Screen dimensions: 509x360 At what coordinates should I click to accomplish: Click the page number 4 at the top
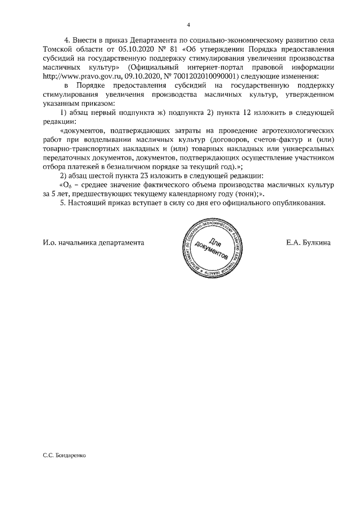(x=189, y=25)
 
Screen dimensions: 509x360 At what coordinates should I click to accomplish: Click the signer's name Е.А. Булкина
(x=308, y=242)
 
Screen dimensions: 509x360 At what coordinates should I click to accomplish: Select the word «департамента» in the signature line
(x=118, y=242)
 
